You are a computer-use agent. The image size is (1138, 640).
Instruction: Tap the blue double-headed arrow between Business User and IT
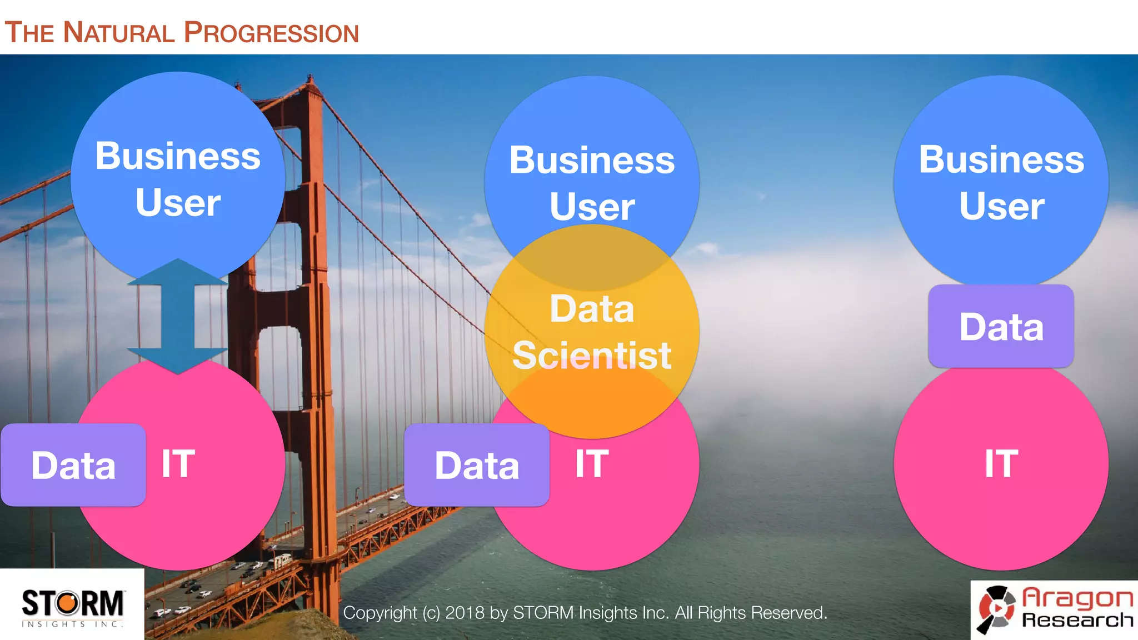pyautogui.click(x=177, y=317)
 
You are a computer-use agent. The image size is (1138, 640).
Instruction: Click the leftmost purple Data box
pyautogui.click(x=73, y=465)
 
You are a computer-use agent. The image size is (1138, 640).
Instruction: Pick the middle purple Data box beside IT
pyautogui.click(x=477, y=465)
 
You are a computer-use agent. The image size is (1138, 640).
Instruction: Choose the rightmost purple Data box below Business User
pyautogui.click(x=1001, y=327)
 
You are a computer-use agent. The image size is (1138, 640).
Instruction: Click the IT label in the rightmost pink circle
pyautogui.click(x=1001, y=463)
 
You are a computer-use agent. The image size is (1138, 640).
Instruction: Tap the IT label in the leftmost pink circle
pyautogui.click(x=178, y=463)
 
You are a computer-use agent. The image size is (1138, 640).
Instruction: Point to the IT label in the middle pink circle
pyautogui.click(x=592, y=463)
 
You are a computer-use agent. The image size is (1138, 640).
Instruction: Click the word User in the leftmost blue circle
pyautogui.click(x=178, y=203)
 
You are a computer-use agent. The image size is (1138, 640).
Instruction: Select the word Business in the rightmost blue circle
pyautogui.click(x=1001, y=160)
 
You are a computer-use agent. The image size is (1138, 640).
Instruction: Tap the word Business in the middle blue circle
pyautogui.click(x=592, y=161)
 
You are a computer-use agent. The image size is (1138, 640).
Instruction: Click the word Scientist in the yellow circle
pyautogui.click(x=592, y=356)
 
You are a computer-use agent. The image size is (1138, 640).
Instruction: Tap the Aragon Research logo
pyautogui.click(x=1055, y=610)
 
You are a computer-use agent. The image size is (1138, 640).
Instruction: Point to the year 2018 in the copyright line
pyautogui.click(x=466, y=613)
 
